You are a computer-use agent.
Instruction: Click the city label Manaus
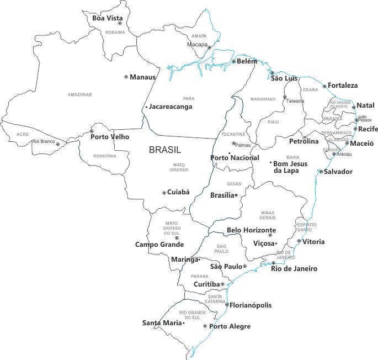point(143,77)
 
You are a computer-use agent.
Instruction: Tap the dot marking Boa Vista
point(119,23)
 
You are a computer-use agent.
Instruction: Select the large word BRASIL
point(165,150)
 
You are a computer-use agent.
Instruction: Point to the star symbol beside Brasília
point(236,195)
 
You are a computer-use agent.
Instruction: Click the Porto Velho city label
point(109,137)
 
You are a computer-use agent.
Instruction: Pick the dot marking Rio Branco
point(57,144)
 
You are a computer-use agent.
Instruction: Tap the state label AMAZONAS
point(79,94)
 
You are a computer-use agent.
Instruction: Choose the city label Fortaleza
point(343,86)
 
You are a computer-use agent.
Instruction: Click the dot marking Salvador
point(321,171)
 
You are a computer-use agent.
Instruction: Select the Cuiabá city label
point(178,192)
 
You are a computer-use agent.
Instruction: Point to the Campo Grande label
point(159,244)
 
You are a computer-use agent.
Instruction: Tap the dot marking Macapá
point(209,48)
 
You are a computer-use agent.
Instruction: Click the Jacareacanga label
point(171,107)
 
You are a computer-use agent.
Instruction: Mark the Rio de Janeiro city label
point(294,269)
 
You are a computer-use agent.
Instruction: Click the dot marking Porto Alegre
point(205,326)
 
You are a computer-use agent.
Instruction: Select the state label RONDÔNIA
point(104,156)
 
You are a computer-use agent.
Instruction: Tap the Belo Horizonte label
point(251,230)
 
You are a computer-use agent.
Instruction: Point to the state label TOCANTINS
point(234,134)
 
